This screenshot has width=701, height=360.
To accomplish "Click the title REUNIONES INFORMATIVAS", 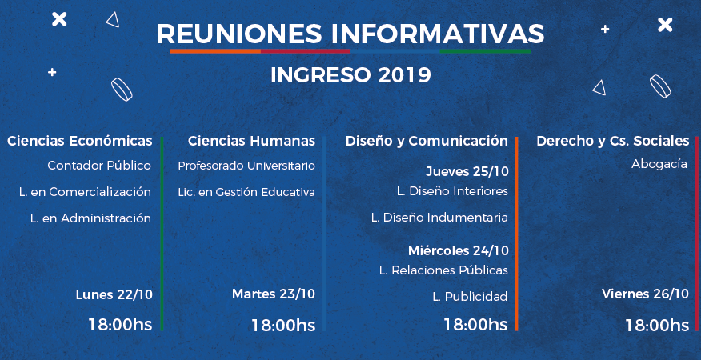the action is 350,34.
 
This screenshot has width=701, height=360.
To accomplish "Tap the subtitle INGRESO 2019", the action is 350,75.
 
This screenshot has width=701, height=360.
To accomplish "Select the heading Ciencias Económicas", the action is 79,141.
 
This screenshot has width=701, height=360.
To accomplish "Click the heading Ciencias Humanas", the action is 251,141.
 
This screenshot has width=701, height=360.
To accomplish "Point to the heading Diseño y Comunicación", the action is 427,142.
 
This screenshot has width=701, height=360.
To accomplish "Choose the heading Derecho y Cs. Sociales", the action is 612,142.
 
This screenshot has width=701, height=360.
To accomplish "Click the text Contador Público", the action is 99,166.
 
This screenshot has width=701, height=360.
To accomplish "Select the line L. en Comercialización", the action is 85,192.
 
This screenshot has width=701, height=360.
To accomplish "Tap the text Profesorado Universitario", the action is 246,166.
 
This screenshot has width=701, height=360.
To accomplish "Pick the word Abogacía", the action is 659,165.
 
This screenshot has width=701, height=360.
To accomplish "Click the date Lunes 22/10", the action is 114,294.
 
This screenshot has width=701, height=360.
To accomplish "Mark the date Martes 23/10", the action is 274,294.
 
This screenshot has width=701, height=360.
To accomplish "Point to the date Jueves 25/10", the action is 467,172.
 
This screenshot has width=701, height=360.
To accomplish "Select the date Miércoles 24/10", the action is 459,251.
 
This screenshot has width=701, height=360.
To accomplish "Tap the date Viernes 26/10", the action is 645,294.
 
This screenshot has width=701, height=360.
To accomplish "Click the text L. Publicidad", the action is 470,297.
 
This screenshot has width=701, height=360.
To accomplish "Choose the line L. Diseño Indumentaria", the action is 439,218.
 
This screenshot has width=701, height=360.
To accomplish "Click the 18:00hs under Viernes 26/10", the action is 657,325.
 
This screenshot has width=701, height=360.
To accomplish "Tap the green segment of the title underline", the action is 485,51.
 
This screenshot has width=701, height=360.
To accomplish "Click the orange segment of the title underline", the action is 215,51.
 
